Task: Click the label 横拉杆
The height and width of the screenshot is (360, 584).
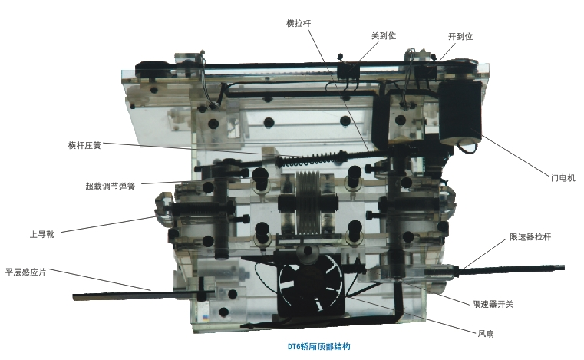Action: click(299, 23)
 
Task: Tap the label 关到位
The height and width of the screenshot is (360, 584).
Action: click(383, 36)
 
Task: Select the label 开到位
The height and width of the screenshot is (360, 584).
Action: click(460, 36)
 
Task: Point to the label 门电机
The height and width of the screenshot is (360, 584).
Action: click(563, 178)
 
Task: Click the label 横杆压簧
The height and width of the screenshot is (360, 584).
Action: click(84, 145)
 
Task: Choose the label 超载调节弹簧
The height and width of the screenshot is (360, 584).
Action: click(111, 186)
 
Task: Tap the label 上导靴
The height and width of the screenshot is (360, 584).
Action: click(42, 234)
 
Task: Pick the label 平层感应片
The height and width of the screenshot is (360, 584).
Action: click(25, 272)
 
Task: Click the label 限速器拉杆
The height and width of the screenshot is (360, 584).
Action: click(530, 237)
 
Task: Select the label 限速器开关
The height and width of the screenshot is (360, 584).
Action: click(493, 304)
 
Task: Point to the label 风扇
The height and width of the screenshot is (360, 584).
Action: click(486, 334)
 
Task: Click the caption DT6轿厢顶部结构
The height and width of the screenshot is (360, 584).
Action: click(318, 347)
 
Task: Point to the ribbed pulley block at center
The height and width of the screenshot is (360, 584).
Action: click(308, 204)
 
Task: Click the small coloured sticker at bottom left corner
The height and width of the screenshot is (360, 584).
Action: click(205, 318)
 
